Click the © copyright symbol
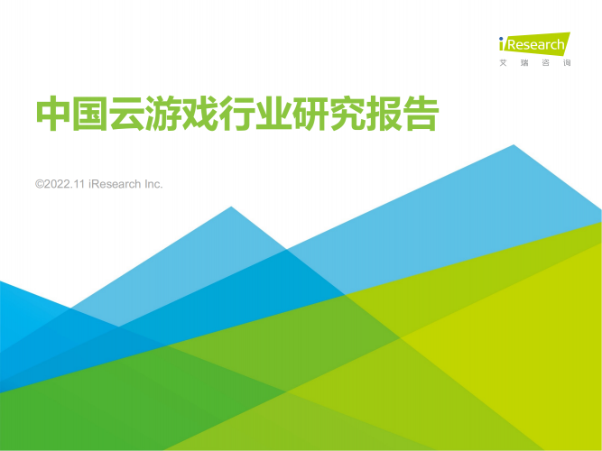(39, 184)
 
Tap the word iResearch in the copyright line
(115, 184)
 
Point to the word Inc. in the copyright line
(153, 184)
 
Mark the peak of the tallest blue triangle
(514, 144)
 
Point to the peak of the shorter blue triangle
(231, 207)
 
